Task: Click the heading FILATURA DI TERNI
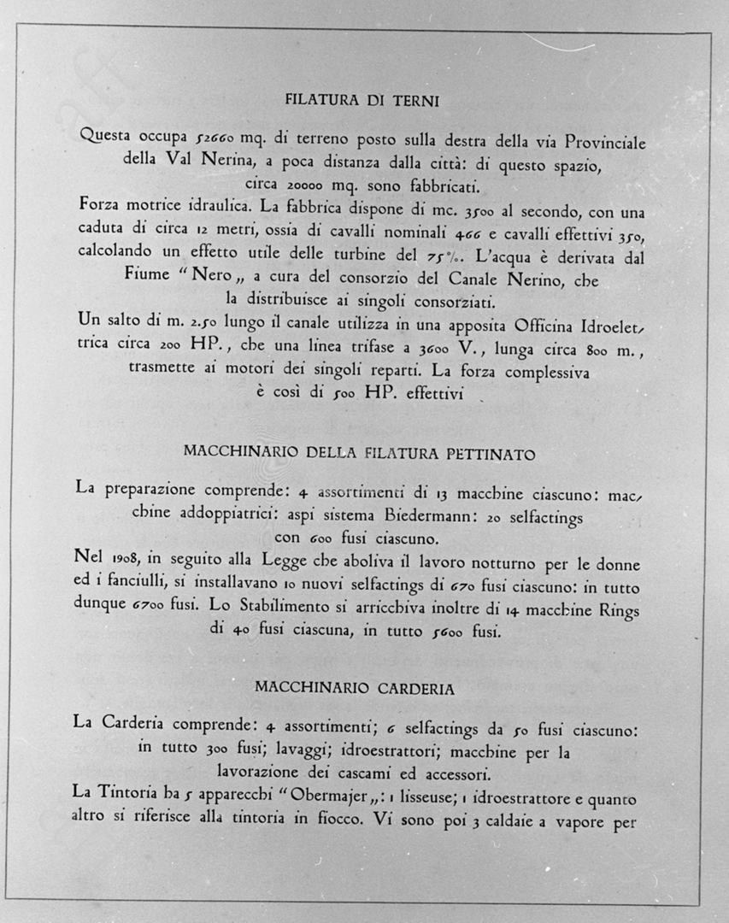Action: [362, 101]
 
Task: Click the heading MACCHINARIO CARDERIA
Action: [354, 688]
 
